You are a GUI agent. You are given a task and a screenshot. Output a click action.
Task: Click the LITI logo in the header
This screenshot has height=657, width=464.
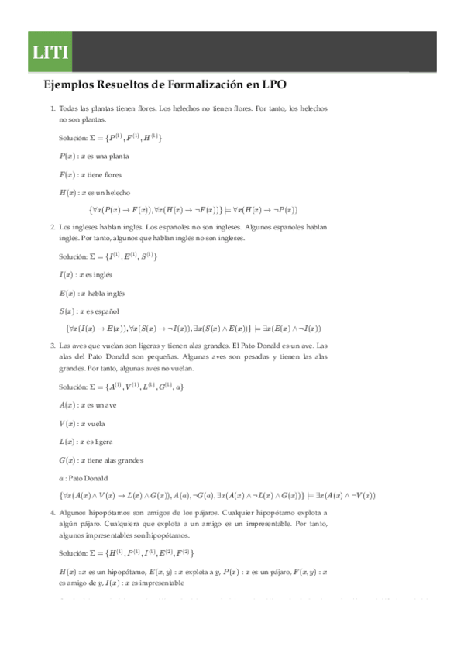(x=50, y=53)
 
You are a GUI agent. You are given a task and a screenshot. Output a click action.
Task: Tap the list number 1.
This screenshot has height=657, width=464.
(x=52, y=110)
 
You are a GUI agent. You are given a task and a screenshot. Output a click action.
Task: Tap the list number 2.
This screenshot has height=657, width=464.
(x=52, y=228)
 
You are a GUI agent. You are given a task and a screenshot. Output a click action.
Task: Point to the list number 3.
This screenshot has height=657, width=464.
(x=52, y=346)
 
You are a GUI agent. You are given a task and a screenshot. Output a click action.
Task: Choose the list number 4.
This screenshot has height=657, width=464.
(x=52, y=513)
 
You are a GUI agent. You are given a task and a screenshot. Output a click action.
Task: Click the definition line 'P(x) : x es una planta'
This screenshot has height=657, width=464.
(x=94, y=157)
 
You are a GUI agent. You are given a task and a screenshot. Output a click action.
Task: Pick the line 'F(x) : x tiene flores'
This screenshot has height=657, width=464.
(x=90, y=174)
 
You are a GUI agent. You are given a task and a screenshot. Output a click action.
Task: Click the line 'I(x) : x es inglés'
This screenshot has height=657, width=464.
(x=86, y=275)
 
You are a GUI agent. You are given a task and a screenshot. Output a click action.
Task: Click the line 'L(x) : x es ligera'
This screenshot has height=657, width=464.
(x=87, y=442)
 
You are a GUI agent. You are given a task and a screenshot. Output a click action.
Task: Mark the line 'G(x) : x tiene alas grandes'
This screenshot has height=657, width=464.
(x=101, y=460)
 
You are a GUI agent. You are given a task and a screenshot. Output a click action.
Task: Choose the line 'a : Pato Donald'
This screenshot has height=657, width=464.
(x=84, y=478)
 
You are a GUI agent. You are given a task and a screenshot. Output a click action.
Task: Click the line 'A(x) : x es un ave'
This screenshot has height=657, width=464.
(x=88, y=405)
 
